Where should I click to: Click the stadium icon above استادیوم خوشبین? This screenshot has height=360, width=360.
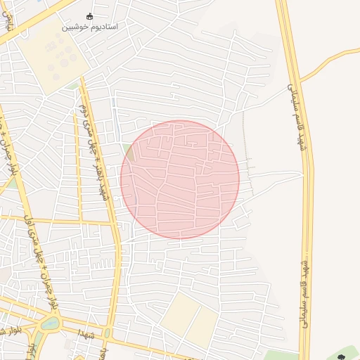89,15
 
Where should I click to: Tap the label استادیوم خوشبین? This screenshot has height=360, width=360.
89,27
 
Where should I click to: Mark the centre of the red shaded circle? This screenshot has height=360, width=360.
180,179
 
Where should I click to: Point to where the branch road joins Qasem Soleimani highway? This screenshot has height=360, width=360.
301,79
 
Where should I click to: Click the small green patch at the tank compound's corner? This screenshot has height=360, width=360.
74,86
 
